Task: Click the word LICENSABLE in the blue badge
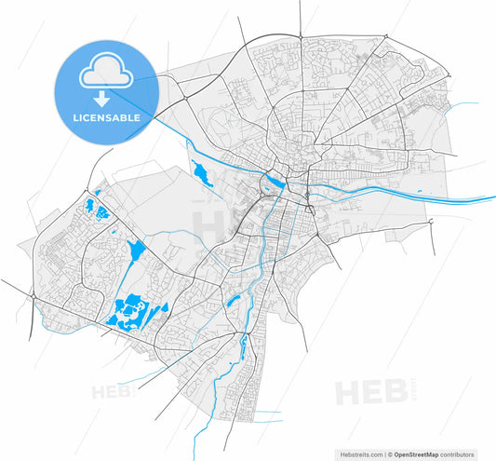click(107, 118)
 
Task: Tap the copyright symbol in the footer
click(389, 455)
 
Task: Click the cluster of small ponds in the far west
click(93, 209)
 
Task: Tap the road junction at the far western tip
click(33, 295)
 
